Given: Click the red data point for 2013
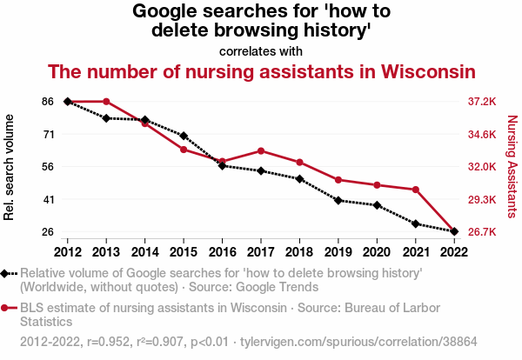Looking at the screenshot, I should pos(106,102).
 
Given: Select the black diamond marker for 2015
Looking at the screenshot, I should pos(184,136).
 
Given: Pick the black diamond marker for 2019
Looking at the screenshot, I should pos(338,200).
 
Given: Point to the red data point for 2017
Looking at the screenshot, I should pos(261,151).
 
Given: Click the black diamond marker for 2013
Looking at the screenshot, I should pos(106,118).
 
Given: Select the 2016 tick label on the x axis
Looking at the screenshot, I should pos(222,251).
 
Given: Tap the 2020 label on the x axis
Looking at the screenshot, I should pos(377,251).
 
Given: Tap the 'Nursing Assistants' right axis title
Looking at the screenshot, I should pos(511,167).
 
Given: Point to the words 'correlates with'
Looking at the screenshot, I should pos(261,50).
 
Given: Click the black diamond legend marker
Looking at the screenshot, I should pos(6,274).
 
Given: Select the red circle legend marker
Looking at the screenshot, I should pos(6,308).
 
